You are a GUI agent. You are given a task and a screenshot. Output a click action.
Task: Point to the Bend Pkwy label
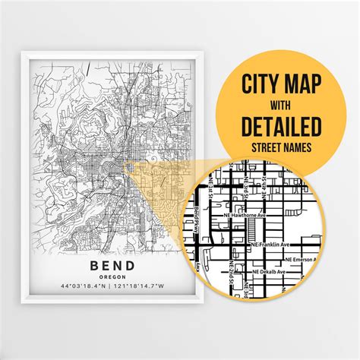pyautogui.click(x=198, y=220)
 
